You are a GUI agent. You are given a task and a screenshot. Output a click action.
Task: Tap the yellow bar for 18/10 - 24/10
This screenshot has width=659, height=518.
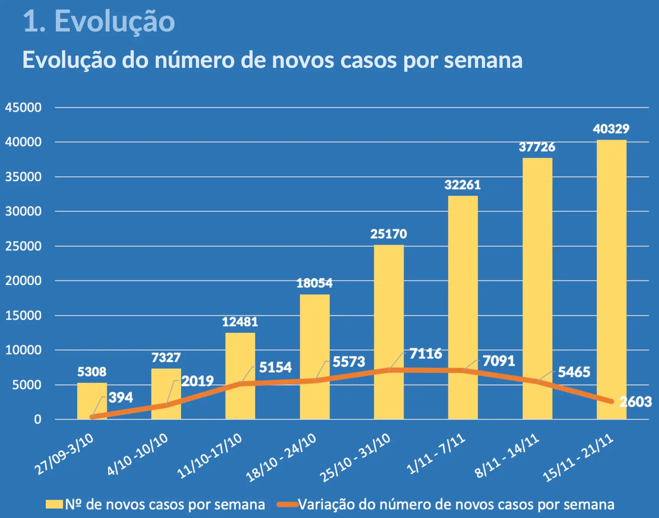pyautogui.click(x=315, y=337)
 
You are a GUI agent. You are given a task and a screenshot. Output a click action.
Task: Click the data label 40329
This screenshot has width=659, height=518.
pyautogui.click(x=611, y=129)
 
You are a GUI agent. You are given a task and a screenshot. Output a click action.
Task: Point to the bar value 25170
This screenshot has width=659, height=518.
pyautogui.click(x=388, y=234)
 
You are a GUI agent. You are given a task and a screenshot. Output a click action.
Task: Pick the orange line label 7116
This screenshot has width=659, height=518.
pyautogui.click(x=425, y=353)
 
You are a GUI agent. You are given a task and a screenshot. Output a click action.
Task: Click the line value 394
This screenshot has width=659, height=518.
pyautogui.click(x=121, y=397)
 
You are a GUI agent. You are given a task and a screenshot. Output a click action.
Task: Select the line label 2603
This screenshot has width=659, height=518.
pyautogui.click(x=635, y=402)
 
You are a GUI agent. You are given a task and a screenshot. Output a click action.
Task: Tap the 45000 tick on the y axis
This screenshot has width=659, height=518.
pyautogui.click(x=23, y=108)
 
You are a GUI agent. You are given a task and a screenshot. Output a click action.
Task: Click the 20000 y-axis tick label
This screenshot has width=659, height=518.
pyautogui.click(x=23, y=281)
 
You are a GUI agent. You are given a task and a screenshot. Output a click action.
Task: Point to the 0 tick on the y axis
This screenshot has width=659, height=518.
pyautogui.click(x=37, y=419)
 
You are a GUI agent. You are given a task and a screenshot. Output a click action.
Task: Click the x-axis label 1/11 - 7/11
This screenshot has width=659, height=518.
pyautogui.click(x=436, y=454)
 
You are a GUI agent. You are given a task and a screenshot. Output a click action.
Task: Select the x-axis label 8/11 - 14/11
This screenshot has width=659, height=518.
pyautogui.click(x=507, y=455)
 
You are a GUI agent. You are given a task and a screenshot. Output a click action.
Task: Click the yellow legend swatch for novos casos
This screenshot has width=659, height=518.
pyautogui.click(x=54, y=505)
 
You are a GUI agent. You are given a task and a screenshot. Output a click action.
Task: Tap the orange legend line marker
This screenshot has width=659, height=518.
pyautogui.click(x=287, y=505)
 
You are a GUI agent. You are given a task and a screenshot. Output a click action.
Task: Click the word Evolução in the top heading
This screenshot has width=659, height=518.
pyautogui.click(x=114, y=21)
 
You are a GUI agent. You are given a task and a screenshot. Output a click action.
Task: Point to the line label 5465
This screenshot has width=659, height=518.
pyautogui.click(x=574, y=372)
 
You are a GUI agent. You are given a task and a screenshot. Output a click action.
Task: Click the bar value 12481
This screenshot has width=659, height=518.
pyautogui.click(x=240, y=322)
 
